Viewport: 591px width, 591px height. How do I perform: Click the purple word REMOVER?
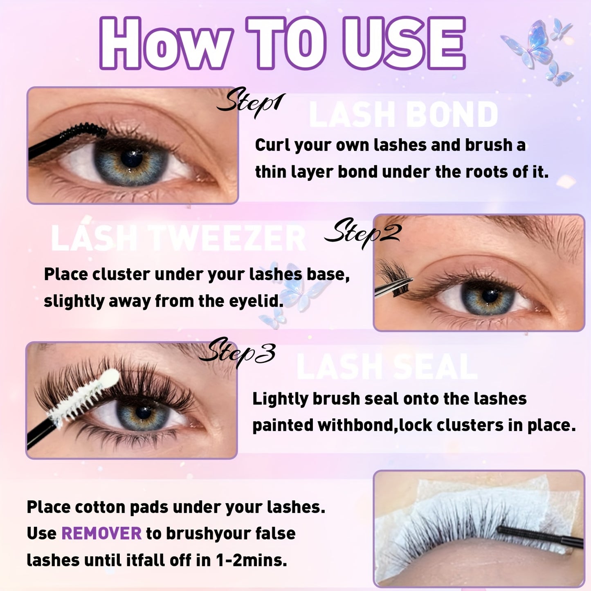(x=101, y=533)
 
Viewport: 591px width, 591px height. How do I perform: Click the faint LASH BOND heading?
(x=403, y=115)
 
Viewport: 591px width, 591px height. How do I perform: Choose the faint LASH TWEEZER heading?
(x=178, y=238)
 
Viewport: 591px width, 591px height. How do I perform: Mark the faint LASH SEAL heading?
(x=387, y=366)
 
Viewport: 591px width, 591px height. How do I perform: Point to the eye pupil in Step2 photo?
(x=490, y=295)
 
